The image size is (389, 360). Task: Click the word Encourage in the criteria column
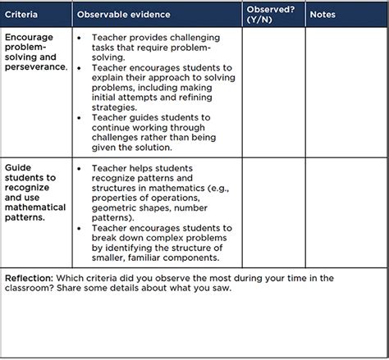[x=30, y=38]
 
